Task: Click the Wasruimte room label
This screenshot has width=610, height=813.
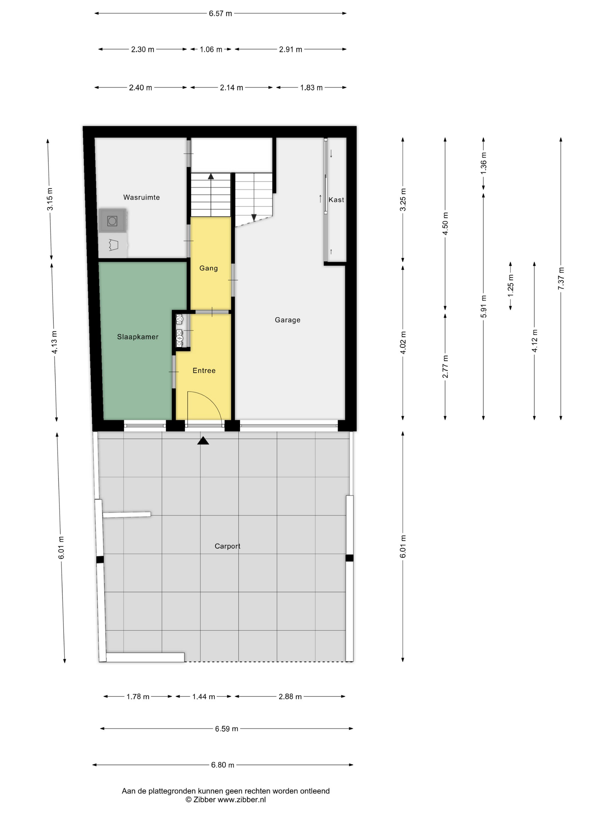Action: click(141, 197)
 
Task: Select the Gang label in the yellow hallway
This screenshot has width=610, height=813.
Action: click(209, 268)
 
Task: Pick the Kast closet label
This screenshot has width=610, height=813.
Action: click(336, 199)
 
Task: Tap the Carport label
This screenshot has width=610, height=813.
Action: click(227, 546)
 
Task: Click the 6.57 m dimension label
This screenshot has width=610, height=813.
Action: click(220, 14)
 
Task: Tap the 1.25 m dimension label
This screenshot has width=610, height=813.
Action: click(510, 286)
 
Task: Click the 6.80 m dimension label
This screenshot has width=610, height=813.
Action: click(223, 765)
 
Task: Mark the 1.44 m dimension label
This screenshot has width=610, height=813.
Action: click(203, 697)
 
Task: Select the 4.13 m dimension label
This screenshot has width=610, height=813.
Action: click(54, 342)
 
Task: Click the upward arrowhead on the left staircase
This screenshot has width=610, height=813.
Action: click(211, 176)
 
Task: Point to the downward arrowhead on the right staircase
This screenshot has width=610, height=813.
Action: click(254, 217)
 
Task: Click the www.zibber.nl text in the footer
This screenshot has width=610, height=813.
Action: click(242, 799)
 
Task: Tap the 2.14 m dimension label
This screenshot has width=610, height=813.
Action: click(231, 87)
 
